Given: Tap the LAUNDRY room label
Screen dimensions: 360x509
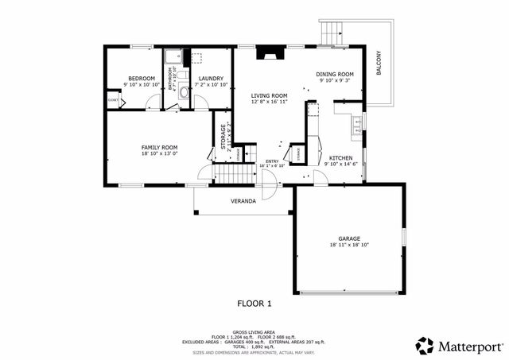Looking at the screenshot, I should point(211,78).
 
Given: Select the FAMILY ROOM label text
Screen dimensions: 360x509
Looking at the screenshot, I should point(159,148).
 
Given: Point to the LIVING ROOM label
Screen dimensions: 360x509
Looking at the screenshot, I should point(268,95).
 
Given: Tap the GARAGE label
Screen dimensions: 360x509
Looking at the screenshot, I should point(348,238).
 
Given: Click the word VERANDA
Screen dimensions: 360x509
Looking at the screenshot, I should point(243,201).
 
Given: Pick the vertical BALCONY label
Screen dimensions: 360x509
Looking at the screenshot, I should point(379,63).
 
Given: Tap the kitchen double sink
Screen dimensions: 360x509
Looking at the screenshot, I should point(358,123).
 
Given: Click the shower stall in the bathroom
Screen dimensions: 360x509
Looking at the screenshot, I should point(172,56).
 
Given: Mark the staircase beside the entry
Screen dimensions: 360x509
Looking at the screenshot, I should point(233,172).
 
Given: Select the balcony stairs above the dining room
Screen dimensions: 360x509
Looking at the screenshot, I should point(329,33).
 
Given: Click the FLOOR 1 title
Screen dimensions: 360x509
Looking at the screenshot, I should point(254,303).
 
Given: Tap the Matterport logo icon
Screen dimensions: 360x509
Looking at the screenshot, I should point(425,345).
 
